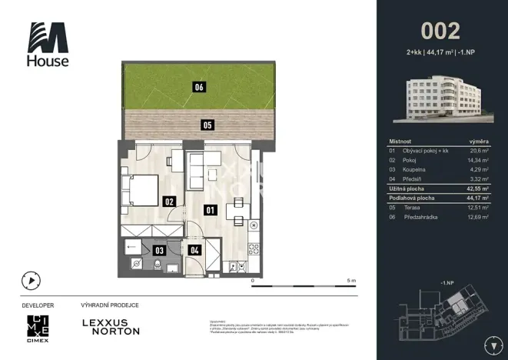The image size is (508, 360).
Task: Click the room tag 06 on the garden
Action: (x=199, y=88)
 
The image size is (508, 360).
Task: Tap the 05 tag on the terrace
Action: (x=207, y=125)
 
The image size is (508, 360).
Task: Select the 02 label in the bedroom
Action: (x=169, y=202)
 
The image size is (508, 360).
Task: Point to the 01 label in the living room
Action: (x=209, y=208)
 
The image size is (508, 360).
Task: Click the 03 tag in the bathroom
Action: (x=159, y=249)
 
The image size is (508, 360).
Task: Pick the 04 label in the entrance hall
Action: (x=194, y=249)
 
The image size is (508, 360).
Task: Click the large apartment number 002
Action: (x=440, y=31)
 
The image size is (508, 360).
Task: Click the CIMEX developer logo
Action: (x=36, y=328)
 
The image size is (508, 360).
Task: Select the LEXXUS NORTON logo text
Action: (x=111, y=326)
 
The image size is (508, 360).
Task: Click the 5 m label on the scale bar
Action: (x=350, y=281)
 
